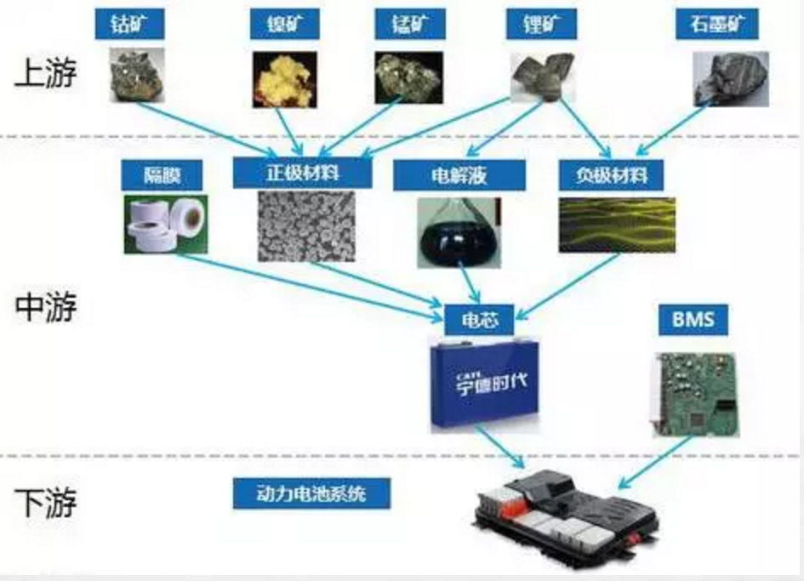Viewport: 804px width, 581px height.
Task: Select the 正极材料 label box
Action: (x=302, y=174)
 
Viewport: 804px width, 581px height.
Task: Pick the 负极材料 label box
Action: (x=611, y=175)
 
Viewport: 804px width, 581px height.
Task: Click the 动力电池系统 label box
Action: (x=311, y=493)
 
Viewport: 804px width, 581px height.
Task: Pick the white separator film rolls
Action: (x=165, y=224)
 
